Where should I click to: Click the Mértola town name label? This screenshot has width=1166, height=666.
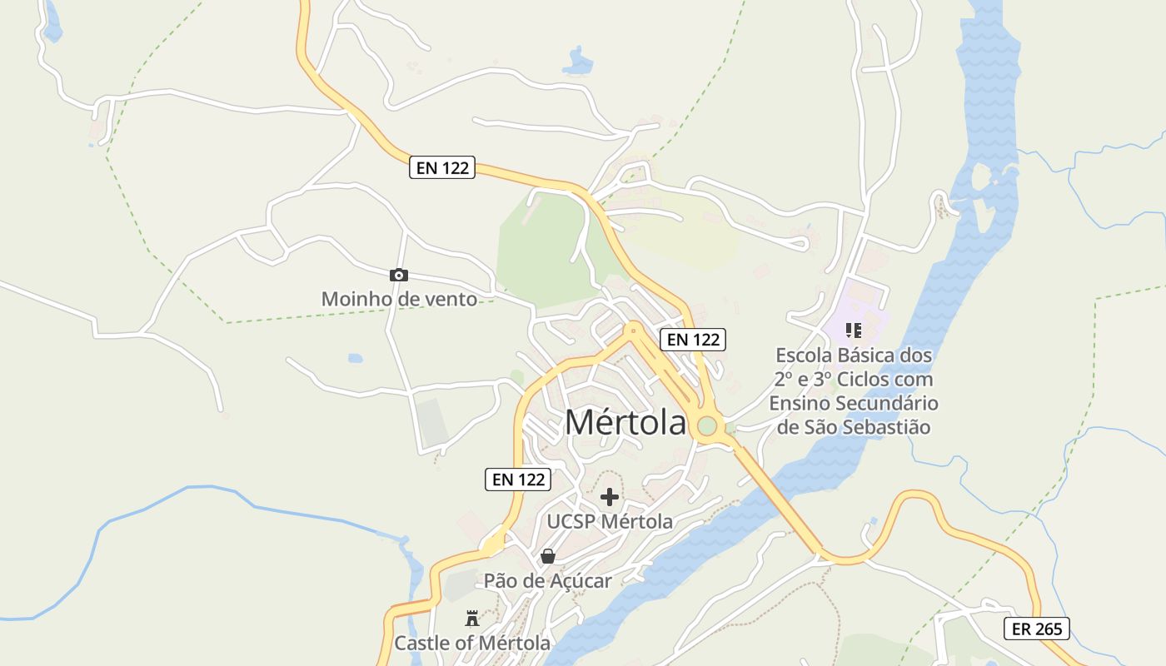click(x=625, y=422)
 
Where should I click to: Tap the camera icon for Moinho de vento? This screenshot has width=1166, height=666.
click(x=399, y=276)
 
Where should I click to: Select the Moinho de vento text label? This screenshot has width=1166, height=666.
click(x=400, y=299)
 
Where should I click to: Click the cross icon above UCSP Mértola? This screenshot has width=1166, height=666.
click(x=610, y=497)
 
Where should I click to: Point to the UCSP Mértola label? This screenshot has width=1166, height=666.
click(x=610, y=522)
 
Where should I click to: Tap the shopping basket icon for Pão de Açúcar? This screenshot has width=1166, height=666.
click(x=547, y=556)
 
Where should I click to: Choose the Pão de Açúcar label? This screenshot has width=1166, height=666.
click(x=547, y=581)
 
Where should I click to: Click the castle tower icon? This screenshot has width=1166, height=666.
click(x=472, y=618)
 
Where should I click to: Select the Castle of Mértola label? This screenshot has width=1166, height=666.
click(x=472, y=644)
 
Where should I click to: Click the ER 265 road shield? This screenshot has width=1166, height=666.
click(x=1036, y=629)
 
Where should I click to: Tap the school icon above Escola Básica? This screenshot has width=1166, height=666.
click(x=853, y=331)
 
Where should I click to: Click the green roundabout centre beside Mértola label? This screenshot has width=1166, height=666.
click(x=707, y=426)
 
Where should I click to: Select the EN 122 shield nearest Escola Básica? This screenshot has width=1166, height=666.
click(x=693, y=340)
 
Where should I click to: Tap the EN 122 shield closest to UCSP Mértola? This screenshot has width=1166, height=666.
click(x=519, y=479)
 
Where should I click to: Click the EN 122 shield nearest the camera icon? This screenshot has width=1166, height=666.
click(x=442, y=167)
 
